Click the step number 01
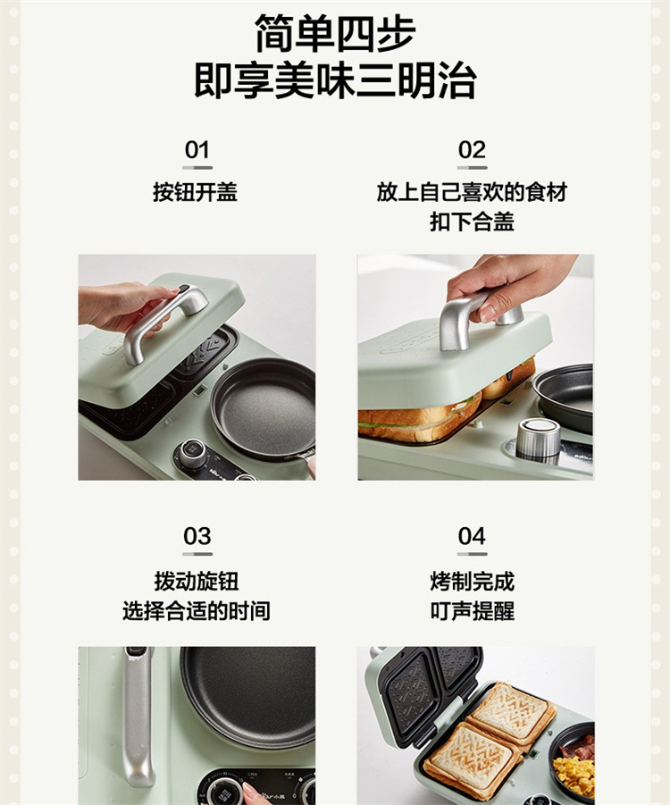pyautogui.click(x=197, y=150)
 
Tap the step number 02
pyautogui.click(x=472, y=150)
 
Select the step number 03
pyautogui.click(x=197, y=536)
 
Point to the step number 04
pyautogui.click(x=472, y=536)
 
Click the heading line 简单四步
pyautogui.click(x=335, y=33)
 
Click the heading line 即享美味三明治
pyautogui.click(x=335, y=80)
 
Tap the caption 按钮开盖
pyautogui.click(x=195, y=192)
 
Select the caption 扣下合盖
pyautogui.click(x=472, y=222)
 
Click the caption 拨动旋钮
pyautogui.click(x=197, y=582)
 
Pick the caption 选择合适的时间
pyautogui.click(x=197, y=611)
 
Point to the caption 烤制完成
pyautogui.click(x=472, y=582)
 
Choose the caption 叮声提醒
pyautogui.click(x=472, y=611)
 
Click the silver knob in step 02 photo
pyautogui.click(x=538, y=439)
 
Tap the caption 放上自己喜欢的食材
pyautogui.click(x=472, y=192)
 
